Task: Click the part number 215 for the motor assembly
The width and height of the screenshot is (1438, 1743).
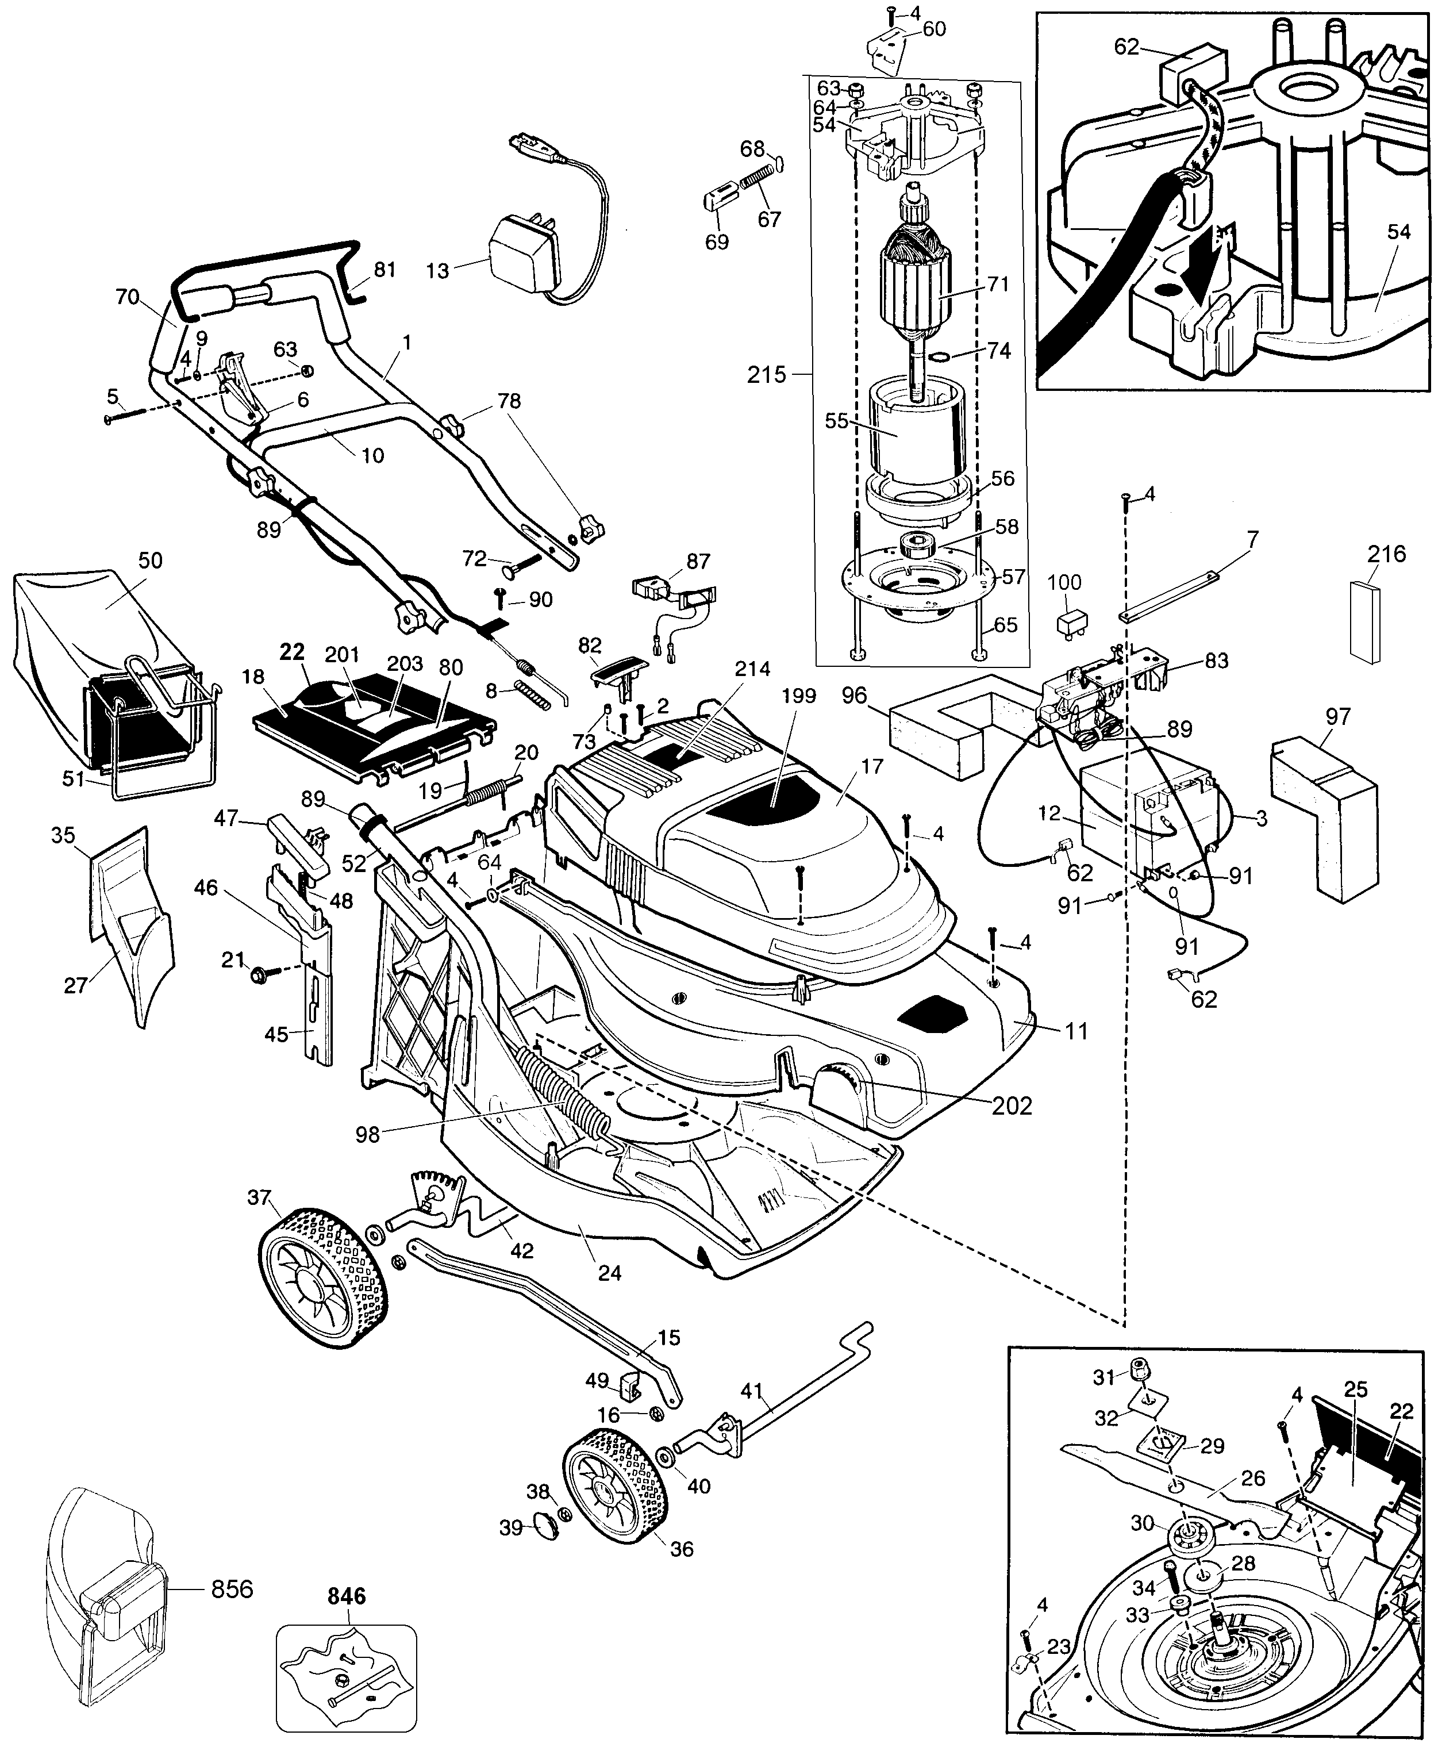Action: (x=766, y=375)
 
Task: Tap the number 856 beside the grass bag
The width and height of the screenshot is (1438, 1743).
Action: (x=232, y=1590)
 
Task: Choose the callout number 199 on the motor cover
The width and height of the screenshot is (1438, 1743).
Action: (x=798, y=696)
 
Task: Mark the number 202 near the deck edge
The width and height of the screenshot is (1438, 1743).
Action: (x=1012, y=1106)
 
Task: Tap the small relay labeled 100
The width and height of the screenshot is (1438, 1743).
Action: (x=1064, y=623)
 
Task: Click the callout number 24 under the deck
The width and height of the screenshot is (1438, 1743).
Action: (x=610, y=1272)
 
